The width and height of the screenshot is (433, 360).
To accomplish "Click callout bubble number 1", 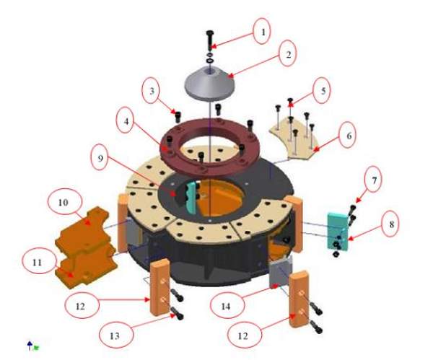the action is click(261, 31).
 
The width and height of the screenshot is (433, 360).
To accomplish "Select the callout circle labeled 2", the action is click(287, 53).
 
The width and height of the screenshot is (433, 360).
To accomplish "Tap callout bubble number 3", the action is click(152, 91).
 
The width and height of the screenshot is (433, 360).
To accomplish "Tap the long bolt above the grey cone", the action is click(210, 40).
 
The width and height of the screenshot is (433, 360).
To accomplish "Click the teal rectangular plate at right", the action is click(338, 231).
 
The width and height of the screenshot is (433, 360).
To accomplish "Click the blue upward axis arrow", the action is click(30, 346).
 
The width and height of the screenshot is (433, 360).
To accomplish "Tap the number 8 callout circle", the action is click(390, 224).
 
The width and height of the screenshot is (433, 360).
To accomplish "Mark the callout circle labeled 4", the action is click(126, 120).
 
